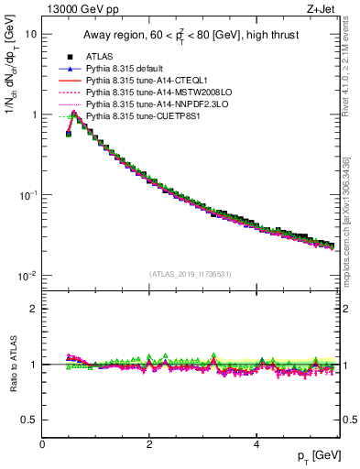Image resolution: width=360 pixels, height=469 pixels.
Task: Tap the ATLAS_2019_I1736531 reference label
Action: pyautogui.click(x=191, y=274)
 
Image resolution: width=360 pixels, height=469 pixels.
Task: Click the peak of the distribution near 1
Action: pyautogui.click(x=74, y=114)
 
